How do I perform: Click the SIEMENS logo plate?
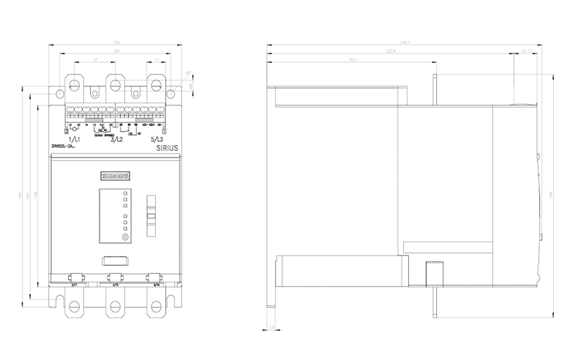coord(114,176)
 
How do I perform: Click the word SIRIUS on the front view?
coord(168,147)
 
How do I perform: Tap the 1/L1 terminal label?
coord(74,138)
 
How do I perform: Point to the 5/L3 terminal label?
coord(157,138)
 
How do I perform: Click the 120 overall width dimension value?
coord(115,42)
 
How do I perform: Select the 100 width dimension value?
coord(115,50)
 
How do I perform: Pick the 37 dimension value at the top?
coord(95,59)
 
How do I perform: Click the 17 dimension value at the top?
coord(157,59)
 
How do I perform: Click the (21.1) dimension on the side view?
coord(525,50)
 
